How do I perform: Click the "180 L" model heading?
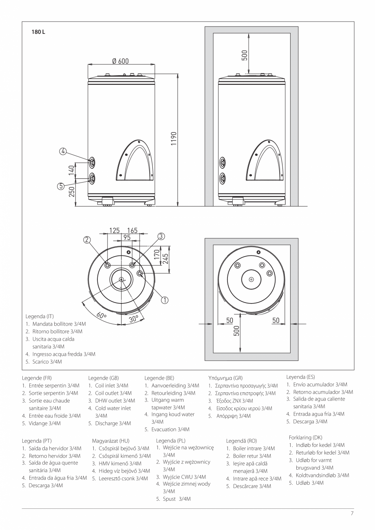pos(38,32)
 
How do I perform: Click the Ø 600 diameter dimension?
pos(120,61)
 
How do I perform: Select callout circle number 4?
pos(63,151)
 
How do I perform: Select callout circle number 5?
pos(60,186)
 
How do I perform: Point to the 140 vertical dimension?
pos(71,170)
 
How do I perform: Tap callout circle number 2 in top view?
pos(87,240)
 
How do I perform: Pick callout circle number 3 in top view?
pos(161,236)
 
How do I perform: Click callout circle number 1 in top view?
pos(165,300)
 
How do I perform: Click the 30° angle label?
pos(134,319)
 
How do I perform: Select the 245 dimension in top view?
pos(165,258)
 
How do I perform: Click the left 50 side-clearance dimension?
pos(230,321)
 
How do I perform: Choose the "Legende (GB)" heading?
pos(104,378)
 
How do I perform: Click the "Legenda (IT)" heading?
pos(40,316)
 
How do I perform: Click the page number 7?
pos(352,513)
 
